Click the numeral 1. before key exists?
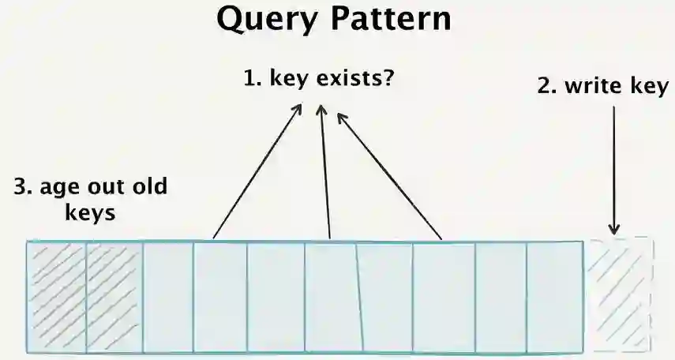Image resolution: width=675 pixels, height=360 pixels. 252,81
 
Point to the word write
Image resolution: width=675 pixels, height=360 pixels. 591,87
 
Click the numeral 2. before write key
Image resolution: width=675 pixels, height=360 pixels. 547,87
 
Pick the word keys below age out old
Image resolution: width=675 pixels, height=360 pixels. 89,213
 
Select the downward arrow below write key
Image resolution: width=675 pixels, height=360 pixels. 614,170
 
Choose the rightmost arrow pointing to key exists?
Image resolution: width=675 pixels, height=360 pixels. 388,175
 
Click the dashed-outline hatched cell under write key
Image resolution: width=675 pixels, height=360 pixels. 621,294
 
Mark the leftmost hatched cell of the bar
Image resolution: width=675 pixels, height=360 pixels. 55,297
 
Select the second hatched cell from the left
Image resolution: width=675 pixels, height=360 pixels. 114,297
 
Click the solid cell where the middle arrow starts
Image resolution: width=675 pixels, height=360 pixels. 332,297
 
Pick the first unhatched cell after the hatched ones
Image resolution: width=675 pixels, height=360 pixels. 168,297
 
